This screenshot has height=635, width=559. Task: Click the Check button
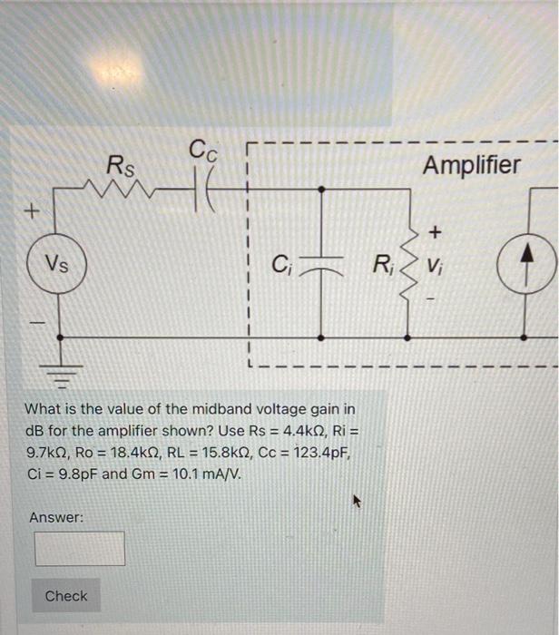tap(66, 596)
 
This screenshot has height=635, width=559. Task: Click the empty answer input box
tap(80, 548)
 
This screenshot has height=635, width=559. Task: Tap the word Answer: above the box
tap(56, 517)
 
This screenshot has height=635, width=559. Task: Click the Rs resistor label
tap(120, 166)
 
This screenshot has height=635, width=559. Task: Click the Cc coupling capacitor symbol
tap(203, 191)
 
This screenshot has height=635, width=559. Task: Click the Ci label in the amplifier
tap(280, 266)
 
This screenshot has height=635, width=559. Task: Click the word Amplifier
tap(472, 165)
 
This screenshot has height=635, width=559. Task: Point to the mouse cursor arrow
tap(358, 499)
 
